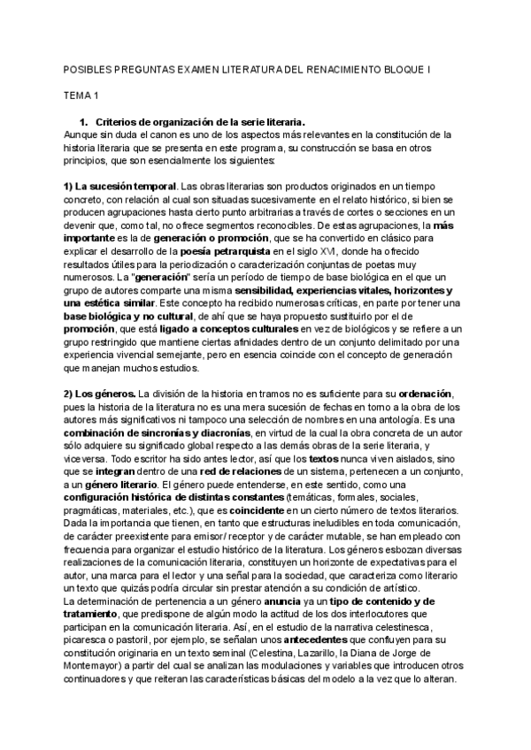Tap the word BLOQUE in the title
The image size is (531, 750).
[x=414, y=69]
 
